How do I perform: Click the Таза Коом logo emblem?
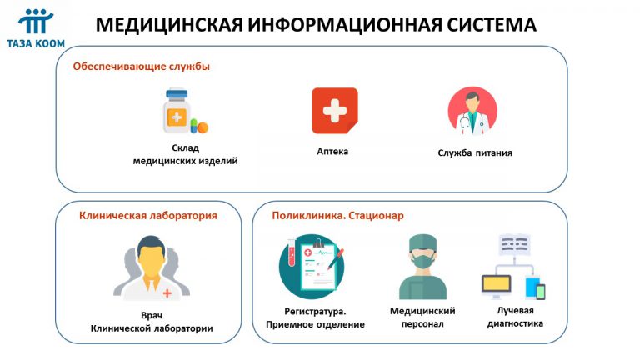[x=36, y=21]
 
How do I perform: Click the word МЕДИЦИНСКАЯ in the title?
[x=169, y=25]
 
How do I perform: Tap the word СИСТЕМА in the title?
[x=491, y=24]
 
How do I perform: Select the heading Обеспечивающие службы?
[x=141, y=67]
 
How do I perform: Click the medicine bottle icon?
[x=177, y=112]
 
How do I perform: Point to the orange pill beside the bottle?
[x=202, y=127]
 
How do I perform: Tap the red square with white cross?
[x=335, y=111]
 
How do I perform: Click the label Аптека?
[x=332, y=152]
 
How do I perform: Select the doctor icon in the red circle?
[x=472, y=111]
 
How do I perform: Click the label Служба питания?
[x=475, y=153]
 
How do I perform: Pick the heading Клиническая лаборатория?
[x=148, y=216]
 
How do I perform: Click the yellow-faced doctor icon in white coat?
[x=152, y=267]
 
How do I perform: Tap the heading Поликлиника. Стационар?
[x=337, y=216]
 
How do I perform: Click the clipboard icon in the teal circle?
[x=312, y=267]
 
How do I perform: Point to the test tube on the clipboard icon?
[x=292, y=252]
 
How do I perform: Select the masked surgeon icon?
[x=422, y=267]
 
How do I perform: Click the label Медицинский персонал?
[x=422, y=317]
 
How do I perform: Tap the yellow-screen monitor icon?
[x=497, y=287]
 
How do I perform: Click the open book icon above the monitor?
[x=514, y=244]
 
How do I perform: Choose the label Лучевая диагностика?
[x=515, y=317]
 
